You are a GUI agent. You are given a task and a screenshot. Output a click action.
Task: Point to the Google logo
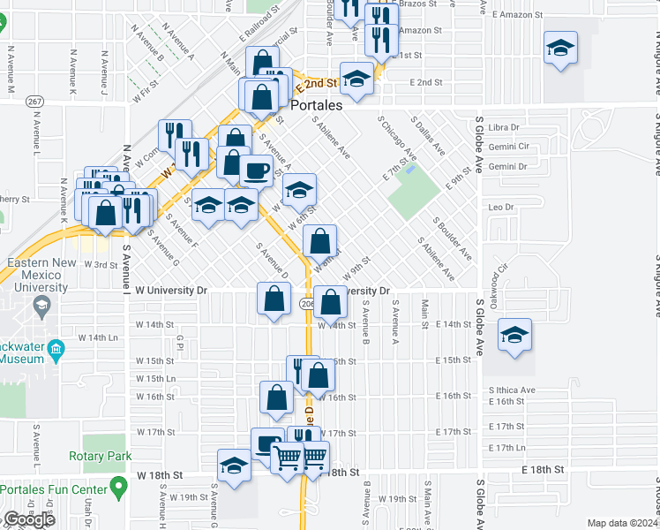coord(29,519)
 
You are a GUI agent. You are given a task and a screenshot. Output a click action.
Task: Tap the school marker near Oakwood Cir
coord(515,335)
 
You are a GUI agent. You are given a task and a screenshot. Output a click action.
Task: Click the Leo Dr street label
coord(500,207)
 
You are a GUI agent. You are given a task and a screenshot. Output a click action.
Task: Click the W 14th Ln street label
coord(97,337)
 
